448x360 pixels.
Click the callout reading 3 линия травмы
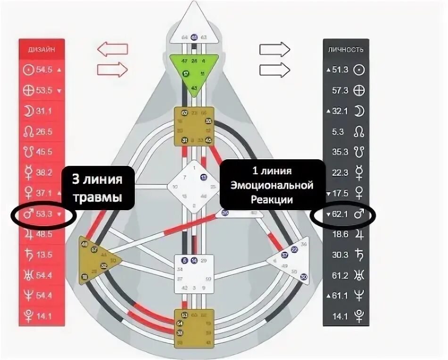pos(97,188)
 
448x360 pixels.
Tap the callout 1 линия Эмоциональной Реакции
pos(272,185)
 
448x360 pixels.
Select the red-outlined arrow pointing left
pos(113,49)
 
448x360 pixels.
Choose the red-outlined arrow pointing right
pos(112,70)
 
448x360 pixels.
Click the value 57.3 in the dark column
pos(340,90)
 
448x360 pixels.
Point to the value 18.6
pos(340,234)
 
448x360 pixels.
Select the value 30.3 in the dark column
pos(340,255)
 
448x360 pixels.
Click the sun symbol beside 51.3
pos(360,69)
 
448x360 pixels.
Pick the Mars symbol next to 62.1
pos(359,214)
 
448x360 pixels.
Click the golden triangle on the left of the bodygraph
pos(97,259)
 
